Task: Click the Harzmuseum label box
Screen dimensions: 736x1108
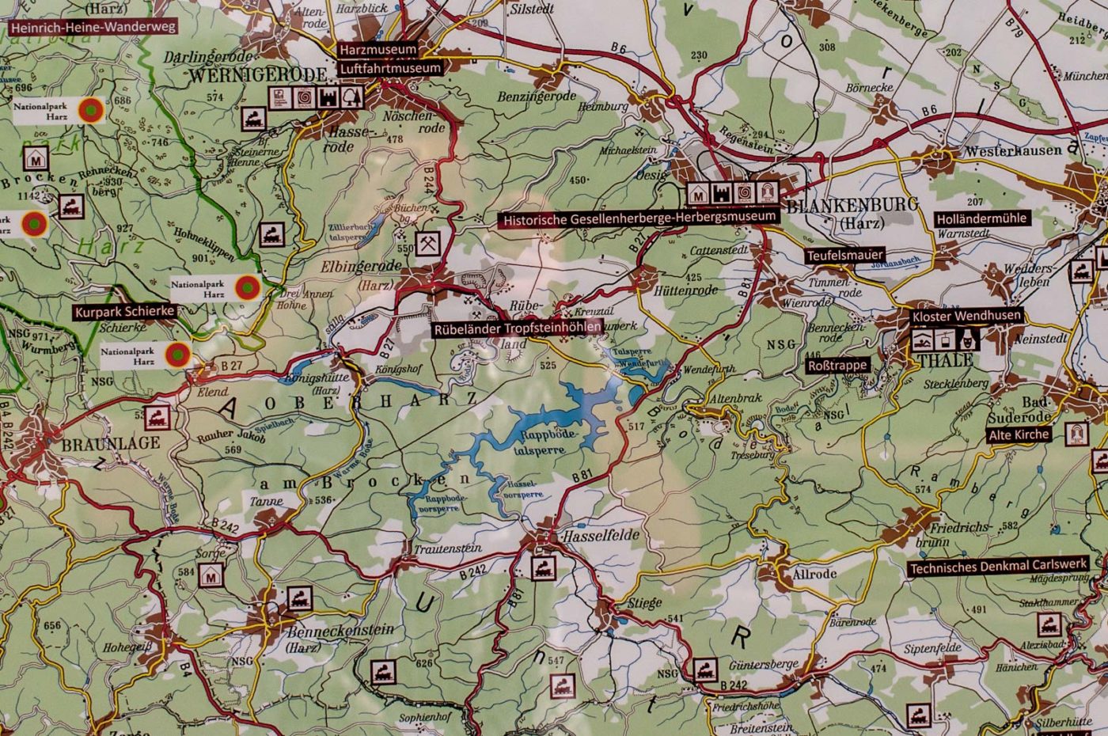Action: pyautogui.click(x=378, y=49)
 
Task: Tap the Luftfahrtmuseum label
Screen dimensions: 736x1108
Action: pyautogui.click(x=389, y=68)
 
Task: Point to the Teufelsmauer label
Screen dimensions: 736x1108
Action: pyautogui.click(x=844, y=256)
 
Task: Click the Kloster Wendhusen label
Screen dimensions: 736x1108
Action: pyautogui.click(x=966, y=316)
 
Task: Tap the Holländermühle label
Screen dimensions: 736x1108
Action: pyautogui.click(x=981, y=218)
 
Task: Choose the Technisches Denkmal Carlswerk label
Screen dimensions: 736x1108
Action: pyautogui.click(x=998, y=567)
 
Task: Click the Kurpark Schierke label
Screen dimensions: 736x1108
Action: pyautogui.click(x=124, y=312)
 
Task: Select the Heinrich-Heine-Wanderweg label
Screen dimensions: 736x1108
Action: pyautogui.click(x=93, y=26)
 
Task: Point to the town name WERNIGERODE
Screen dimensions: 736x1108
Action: pyautogui.click(x=257, y=74)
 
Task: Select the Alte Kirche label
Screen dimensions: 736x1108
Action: pyautogui.click(x=1019, y=434)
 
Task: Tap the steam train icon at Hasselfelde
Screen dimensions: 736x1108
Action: pyautogui.click(x=545, y=566)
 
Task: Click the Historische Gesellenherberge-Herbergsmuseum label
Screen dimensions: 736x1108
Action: pyautogui.click(x=637, y=218)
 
